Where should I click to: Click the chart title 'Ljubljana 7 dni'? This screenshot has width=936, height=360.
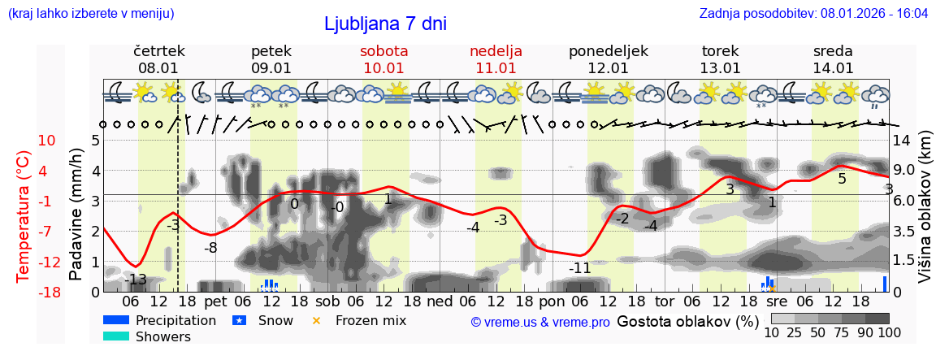[385, 24]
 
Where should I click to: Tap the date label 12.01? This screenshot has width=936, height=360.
[608, 68]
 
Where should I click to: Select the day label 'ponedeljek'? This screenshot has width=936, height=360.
[608, 51]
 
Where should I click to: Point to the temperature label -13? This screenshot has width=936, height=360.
[136, 280]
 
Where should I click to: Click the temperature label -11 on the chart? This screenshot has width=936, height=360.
[579, 268]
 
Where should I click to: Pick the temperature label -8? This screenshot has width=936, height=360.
[210, 248]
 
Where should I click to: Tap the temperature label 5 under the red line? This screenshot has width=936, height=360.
[842, 179]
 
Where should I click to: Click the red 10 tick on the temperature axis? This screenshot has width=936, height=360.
[46, 141]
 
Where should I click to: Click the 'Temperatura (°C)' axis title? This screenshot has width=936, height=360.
[24, 217]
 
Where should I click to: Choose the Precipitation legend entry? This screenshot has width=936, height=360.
[175, 320]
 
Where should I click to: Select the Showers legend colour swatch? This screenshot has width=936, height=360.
[116, 336]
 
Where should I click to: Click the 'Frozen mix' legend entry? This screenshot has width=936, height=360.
[370, 320]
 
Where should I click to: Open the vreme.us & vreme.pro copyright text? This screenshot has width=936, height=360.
[539, 322]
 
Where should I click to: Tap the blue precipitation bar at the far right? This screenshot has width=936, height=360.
[885, 284]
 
